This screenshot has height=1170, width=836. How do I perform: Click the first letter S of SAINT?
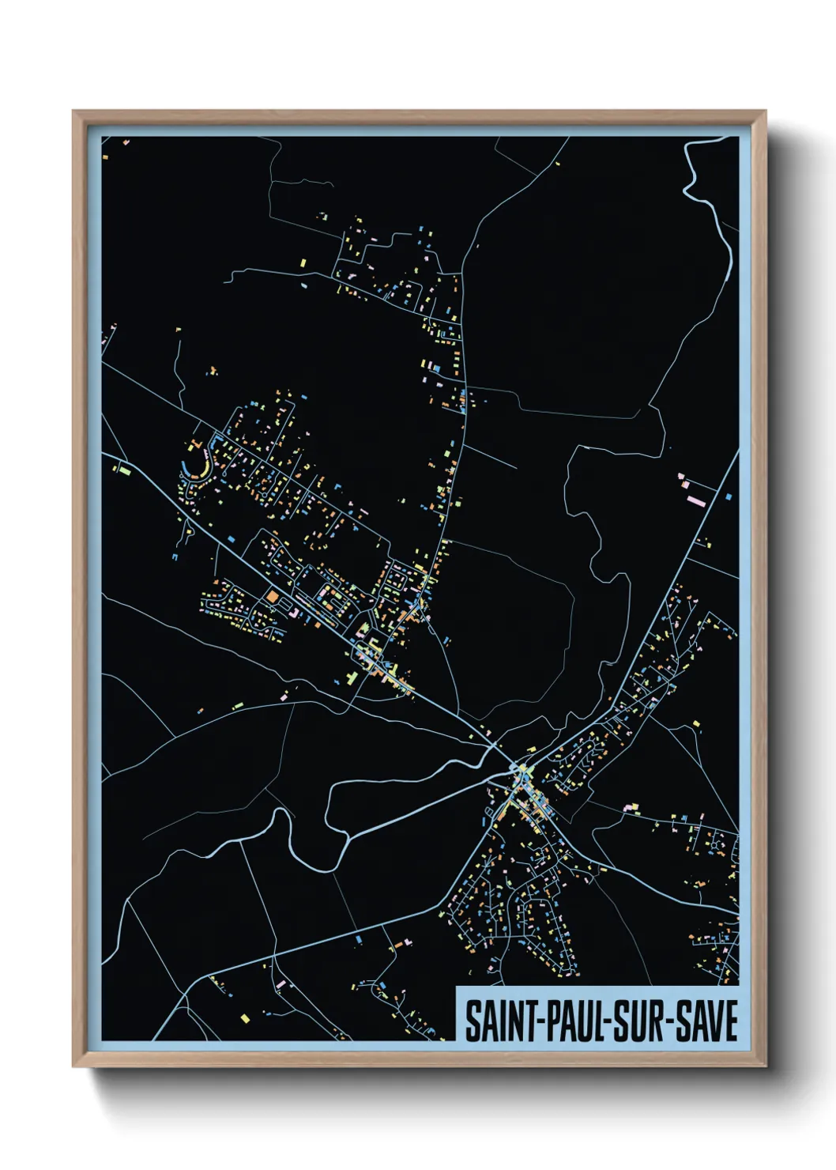(472, 1021)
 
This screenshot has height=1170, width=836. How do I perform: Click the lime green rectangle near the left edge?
(124, 471)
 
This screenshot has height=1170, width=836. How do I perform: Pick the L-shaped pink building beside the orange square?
(291, 611)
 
